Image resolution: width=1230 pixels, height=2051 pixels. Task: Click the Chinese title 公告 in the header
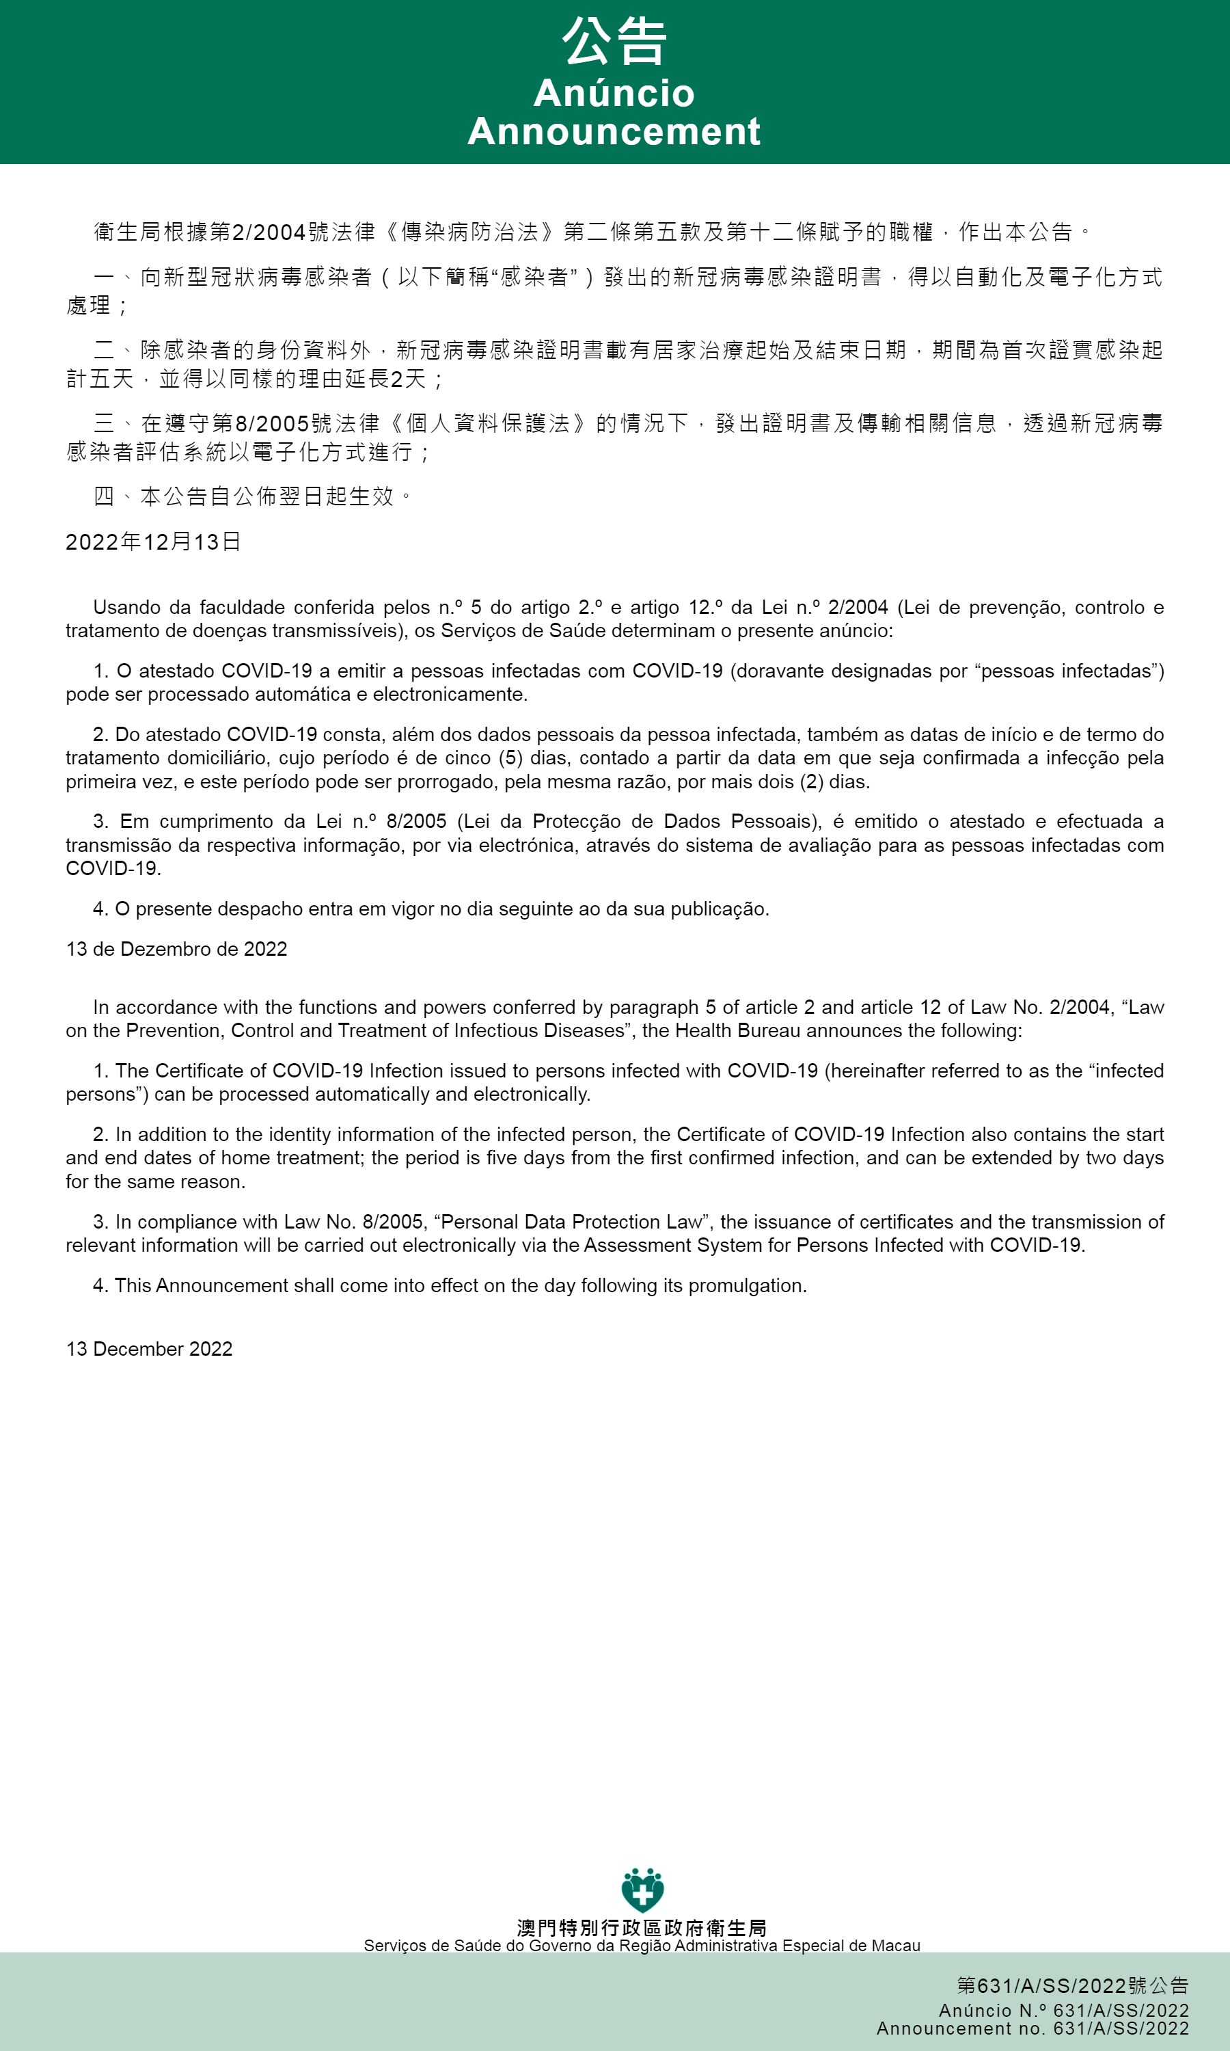[x=614, y=42]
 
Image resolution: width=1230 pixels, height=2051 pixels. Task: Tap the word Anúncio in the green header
[x=614, y=93]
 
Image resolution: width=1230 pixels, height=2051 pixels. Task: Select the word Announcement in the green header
[x=614, y=131]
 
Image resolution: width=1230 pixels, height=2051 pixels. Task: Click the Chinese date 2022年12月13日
[x=153, y=541]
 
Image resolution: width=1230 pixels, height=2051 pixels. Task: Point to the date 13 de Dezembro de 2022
[x=176, y=948]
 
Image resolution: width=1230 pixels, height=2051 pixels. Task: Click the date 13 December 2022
[x=149, y=1349]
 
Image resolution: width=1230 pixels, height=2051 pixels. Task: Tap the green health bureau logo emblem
[x=642, y=1890]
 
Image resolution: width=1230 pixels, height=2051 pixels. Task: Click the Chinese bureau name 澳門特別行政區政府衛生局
[x=642, y=1927]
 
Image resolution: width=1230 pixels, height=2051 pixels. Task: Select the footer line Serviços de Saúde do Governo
[x=642, y=1946]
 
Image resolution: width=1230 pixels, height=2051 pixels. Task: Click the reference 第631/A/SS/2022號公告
[x=1073, y=1985]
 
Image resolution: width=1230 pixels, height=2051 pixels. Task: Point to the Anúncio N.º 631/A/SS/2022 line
[x=1064, y=2011]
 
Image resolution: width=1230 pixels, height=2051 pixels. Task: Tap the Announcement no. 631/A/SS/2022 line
[x=1033, y=2028]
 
